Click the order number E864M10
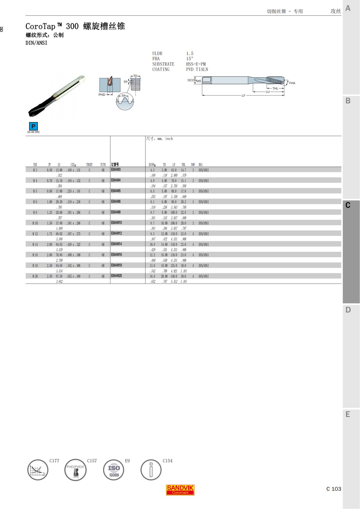[x=116, y=223]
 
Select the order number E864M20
[x=116, y=276]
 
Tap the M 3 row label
[x=35, y=170]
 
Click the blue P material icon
[x=33, y=126]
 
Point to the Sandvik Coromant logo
[x=180, y=490]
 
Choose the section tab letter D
[x=348, y=310]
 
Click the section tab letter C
[x=348, y=205]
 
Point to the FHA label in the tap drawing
[x=292, y=83]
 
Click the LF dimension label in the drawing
[x=243, y=96]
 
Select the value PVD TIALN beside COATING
[x=197, y=69]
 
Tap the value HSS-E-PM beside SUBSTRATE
[x=196, y=64]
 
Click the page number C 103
[x=334, y=489]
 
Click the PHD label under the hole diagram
[x=102, y=95]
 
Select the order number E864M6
[x=116, y=201]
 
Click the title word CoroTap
[x=40, y=26]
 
